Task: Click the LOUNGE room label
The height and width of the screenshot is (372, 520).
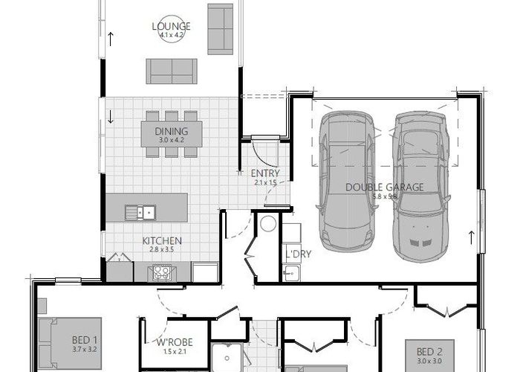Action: [172, 28]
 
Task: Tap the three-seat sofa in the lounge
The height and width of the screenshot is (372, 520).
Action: [172, 71]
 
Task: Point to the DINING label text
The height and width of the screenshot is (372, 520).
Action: [171, 131]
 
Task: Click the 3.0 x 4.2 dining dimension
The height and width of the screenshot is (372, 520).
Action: [171, 140]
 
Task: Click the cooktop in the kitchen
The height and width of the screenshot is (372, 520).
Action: [162, 273]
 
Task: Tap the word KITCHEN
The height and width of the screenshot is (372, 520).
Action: [163, 240]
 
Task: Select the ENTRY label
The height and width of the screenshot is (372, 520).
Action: [264, 173]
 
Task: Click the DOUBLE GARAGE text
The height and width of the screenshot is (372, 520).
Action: [385, 187]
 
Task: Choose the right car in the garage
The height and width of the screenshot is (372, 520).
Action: [421, 186]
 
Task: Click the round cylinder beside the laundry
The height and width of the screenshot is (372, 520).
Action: [267, 223]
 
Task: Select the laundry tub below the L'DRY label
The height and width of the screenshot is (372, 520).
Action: [291, 275]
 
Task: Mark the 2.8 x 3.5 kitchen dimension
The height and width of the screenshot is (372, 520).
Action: [163, 249]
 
